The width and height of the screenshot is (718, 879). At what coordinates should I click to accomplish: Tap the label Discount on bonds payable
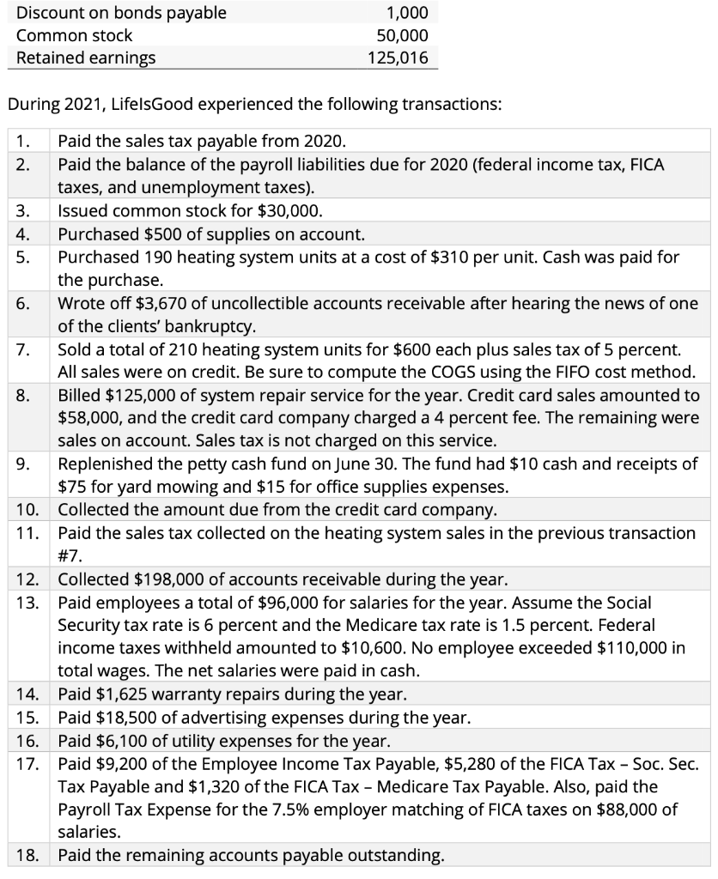122,12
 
